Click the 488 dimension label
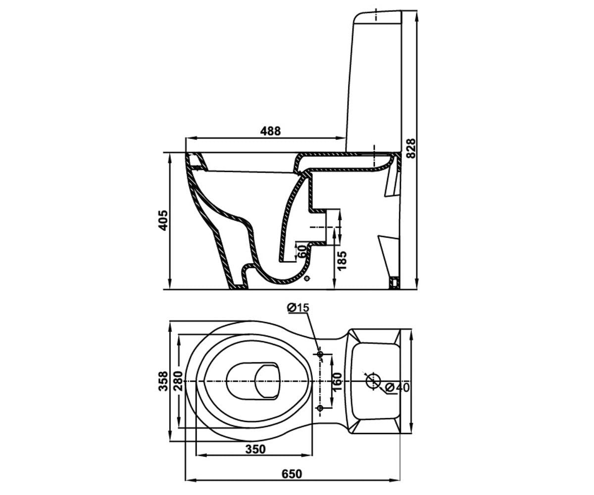tap(270, 131)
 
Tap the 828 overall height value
tap(411, 148)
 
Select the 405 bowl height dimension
tap(163, 220)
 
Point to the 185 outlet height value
tap(342, 260)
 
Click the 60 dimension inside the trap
tap(302, 251)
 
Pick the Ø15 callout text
tap(298, 308)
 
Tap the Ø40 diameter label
tap(397, 388)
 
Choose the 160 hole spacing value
tap(337, 382)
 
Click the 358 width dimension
tap(163, 381)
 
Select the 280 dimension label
tap(178, 381)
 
